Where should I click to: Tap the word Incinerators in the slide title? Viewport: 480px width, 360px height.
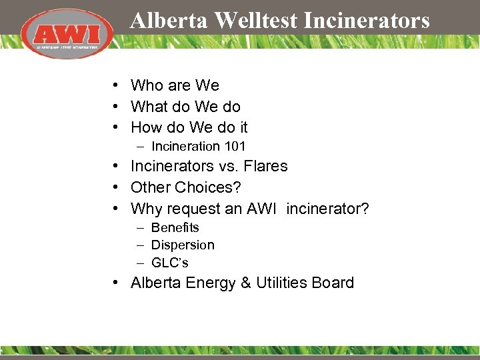tap(367, 21)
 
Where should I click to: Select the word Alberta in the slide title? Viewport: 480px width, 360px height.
tap(169, 21)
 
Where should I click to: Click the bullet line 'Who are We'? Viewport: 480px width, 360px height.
tap(175, 85)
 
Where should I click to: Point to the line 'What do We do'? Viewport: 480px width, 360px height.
tap(185, 107)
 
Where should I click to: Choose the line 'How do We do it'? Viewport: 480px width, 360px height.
tap(189, 127)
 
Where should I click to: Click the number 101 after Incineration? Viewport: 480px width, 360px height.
tap(235, 146)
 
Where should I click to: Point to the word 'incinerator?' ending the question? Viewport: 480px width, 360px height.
tap(328, 209)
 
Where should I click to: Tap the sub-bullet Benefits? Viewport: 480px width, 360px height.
tap(175, 228)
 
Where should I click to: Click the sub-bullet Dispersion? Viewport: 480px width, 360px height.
tap(183, 245)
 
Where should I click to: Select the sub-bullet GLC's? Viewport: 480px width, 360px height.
tap(170, 263)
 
